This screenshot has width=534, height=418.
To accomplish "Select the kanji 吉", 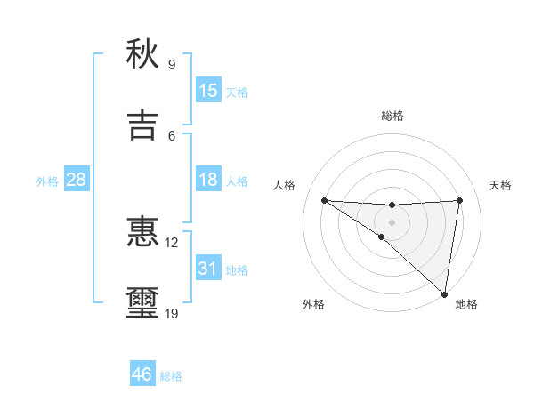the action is coord(142,125).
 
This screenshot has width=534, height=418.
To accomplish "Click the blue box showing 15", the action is coord(208,91).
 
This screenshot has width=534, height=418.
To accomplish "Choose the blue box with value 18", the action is coord(208,180).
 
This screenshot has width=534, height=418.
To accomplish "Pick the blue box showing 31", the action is coord(208,268).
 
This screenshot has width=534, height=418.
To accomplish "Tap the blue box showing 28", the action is coord(77,180).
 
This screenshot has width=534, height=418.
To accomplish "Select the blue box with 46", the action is coord(142,374).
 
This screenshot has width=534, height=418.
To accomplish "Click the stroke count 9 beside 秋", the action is coord(172,64).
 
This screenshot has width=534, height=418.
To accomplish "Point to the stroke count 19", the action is coord(172,313).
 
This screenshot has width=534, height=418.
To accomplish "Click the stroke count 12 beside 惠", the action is coord(172,242).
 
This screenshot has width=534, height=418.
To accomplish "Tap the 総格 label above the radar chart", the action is coord(392,116).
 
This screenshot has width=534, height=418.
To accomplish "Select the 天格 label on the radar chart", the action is coord(501,185).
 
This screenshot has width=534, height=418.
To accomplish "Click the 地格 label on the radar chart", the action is coord(466,304).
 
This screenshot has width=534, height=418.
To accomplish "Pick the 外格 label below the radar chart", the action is coord(313,304).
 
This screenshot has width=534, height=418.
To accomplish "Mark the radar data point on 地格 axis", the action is coord(444,294).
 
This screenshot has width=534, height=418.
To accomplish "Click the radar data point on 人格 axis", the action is coord(324,200).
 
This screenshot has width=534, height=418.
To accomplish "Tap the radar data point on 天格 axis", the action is coord(459,200).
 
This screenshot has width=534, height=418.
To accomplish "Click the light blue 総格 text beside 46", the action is coord(171,376).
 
